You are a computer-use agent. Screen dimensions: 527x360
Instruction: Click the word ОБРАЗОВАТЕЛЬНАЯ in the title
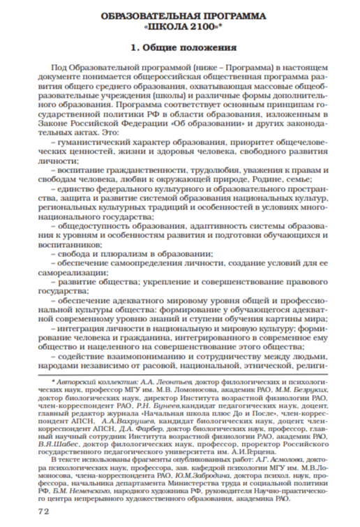pyautogui.click(x=149, y=15)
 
